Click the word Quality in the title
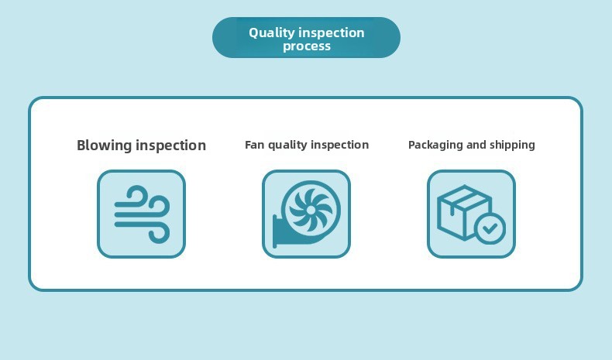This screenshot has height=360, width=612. click(271, 33)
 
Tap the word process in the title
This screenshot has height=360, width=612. click(307, 46)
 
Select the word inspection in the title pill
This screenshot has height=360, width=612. click(331, 33)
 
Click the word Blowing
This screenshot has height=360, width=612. click(105, 146)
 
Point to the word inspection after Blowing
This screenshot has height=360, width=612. click(171, 146)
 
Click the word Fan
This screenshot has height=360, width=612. click(254, 145)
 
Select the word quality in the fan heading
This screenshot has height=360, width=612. click(287, 146)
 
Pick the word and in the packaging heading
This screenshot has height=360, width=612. click(476, 145)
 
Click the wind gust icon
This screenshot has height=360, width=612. click(142, 214)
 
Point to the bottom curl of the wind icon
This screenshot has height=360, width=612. click(160, 233)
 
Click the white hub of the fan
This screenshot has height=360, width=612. click(311, 211)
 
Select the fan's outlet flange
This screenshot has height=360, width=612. click(274, 231)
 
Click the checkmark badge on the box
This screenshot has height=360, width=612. click(490, 228)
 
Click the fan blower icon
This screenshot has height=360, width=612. click(307, 214)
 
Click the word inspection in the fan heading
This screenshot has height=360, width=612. click(339, 145)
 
